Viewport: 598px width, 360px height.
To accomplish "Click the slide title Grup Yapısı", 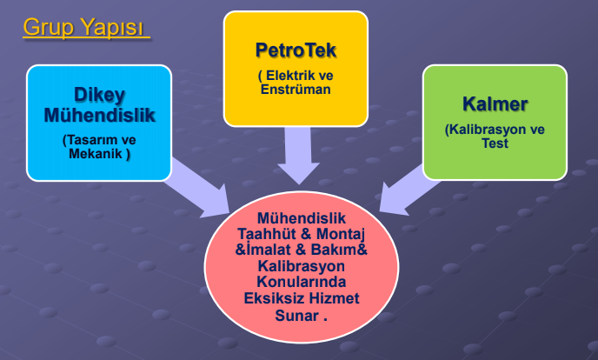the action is click(83, 27).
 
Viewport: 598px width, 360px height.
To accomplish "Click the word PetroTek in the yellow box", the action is click(296, 50).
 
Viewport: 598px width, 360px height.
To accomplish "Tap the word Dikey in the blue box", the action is click(100, 96).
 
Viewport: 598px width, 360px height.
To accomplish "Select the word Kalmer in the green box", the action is click(495, 103).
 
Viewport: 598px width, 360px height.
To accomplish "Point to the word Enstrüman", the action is click(296, 90).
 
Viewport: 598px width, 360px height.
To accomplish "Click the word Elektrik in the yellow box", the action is click(289, 75).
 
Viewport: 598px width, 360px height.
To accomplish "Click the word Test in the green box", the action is click(495, 143).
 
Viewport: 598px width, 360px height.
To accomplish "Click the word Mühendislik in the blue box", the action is click(100, 115).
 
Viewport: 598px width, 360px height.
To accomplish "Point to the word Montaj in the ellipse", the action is click(341, 234).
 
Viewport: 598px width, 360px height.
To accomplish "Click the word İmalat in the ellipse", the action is click(269, 250).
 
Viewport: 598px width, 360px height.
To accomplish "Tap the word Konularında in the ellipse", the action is click(302, 282).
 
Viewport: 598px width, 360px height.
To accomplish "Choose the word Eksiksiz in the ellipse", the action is click(274, 298).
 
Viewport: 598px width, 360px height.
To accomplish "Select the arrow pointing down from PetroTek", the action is click(298, 155).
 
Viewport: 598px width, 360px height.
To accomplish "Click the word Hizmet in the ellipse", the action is click(334, 298).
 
